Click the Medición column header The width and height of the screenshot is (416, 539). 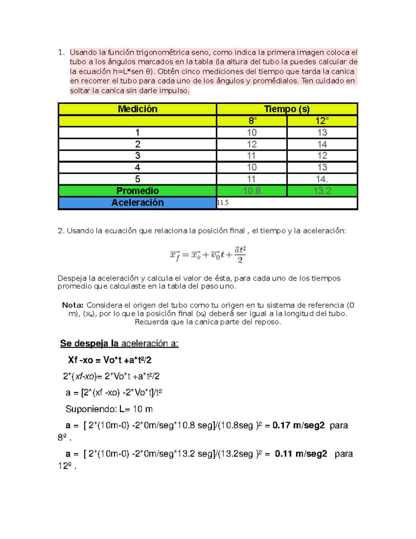[x=138, y=109]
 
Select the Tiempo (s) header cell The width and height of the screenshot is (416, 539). [x=287, y=109]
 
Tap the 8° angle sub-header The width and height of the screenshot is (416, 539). [x=252, y=121]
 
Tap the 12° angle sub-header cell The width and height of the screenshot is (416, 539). [x=322, y=121]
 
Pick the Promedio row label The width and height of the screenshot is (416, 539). [x=138, y=191]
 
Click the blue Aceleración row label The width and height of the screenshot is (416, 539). [x=138, y=203]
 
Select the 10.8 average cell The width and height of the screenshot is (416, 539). [x=252, y=191]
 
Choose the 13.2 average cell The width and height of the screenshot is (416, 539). [x=322, y=191]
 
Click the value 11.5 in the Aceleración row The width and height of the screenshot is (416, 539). [x=223, y=203]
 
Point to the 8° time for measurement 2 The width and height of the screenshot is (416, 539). [x=252, y=144]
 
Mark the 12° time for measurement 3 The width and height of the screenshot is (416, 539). [x=322, y=155]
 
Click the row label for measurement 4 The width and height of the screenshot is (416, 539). [x=138, y=167]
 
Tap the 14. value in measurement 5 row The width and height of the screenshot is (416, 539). [x=322, y=179]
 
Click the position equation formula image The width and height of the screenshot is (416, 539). [x=208, y=254]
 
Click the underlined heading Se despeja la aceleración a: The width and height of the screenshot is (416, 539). [x=119, y=343]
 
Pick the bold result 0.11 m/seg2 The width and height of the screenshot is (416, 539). [x=301, y=454]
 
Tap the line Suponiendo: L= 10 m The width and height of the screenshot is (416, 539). [x=109, y=409]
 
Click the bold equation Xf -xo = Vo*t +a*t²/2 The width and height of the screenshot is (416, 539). [x=110, y=360]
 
